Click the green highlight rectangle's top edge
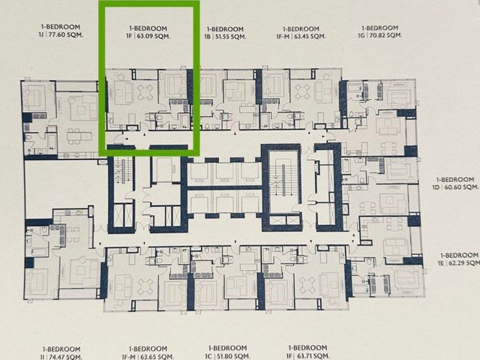(x=149, y=3)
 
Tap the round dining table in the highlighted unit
(x=145, y=91)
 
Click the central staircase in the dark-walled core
(x=283, y=181)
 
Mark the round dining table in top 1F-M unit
(x=302, y=91)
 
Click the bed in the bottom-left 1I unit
(x=37, y=283)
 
